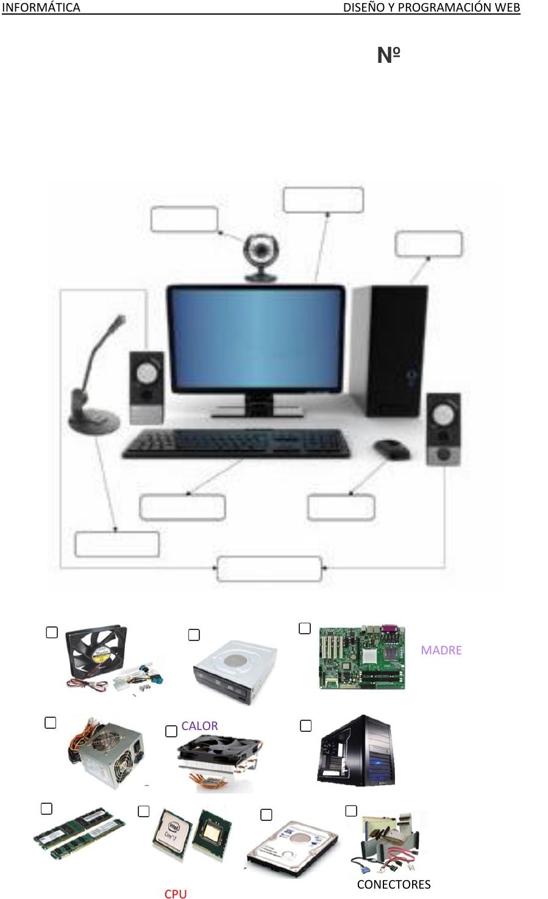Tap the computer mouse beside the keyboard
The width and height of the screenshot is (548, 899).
[391, 450]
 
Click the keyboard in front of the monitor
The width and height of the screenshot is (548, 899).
[236, 443]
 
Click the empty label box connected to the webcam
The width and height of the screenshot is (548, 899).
[184, 220]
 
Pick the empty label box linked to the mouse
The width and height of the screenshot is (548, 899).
[341, 507]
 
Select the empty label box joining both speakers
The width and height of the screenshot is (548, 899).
[269, 568]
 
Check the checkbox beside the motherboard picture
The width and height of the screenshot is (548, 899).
[305, 628]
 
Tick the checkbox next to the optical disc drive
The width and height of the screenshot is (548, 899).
[194, 635]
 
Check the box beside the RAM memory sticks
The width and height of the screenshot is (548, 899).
[46, 809]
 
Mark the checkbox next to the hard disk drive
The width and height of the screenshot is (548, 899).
[266, 815]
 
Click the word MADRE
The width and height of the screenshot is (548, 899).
[441, 650]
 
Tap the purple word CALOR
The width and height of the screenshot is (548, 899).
[199, 726]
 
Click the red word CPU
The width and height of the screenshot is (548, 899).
[176, 894]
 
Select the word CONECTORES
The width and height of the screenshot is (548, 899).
[393, 884]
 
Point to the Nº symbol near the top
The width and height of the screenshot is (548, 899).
[388, 56]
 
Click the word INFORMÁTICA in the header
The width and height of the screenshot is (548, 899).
[41, 7]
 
